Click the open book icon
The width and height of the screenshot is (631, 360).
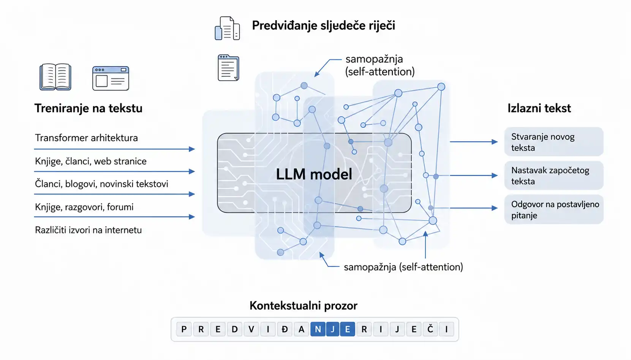point(55,77)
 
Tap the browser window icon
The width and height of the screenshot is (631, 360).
point(111,78)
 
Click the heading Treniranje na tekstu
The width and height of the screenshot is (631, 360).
point(89,108)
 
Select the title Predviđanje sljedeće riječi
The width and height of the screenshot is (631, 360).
point(323,25)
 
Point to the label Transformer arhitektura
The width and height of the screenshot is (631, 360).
point(86,138)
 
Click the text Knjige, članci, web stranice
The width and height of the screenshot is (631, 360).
point(91,161)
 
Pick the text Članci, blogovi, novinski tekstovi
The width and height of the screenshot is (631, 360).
point(101,184)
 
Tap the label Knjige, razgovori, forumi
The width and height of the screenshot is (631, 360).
point(84,207)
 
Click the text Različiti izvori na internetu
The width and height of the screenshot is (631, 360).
point(88,230)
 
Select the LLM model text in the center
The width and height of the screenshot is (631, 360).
point(314,174)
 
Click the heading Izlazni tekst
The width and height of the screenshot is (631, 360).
point(539,108)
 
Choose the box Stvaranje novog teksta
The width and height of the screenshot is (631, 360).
point(554,142)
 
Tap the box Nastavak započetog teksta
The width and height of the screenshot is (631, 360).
point(554,175)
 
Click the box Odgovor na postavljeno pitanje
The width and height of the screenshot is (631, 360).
point(554,209)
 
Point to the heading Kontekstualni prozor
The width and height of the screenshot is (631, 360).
point(304,306)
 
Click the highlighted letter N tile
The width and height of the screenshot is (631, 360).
point(318,329)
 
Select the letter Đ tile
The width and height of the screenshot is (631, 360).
point(285,329)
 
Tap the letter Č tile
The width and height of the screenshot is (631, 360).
point(430,329)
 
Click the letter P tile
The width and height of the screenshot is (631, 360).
point(184,329)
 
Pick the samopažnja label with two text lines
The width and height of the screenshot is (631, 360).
point(380,65)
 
